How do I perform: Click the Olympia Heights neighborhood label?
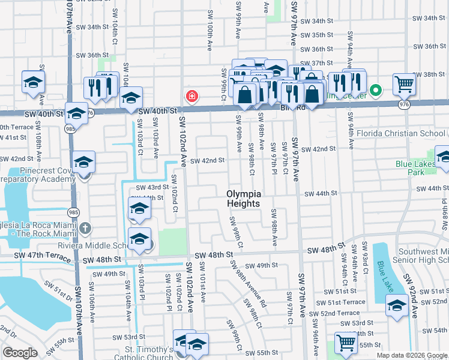tap(244, 199)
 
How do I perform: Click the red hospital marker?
tap(191, 96)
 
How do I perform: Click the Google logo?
tap(20, 353)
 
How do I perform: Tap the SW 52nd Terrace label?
tap(339, 313)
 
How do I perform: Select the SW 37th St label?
tap(316, 63)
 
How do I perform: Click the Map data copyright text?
tap(412, 355)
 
